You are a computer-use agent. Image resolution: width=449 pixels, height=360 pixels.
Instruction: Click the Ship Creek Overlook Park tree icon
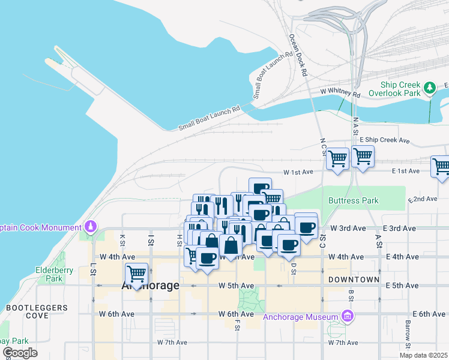(x=429, y=89)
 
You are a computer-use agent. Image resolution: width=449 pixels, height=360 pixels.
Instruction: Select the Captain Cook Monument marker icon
(x=91, y=227)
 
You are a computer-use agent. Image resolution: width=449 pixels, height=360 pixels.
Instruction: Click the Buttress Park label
(x=354, y=200)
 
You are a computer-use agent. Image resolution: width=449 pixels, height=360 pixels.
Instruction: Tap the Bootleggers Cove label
(x=27, y=311)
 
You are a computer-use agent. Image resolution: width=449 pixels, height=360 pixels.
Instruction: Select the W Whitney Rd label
(x=340, y=93)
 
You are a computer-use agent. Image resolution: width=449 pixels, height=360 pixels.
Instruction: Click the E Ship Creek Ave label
(x=384, y=140)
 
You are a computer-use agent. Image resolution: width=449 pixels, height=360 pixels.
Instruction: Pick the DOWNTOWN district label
(x=354, y=280)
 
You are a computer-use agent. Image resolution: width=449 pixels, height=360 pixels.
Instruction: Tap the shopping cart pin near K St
(x=136, y=274)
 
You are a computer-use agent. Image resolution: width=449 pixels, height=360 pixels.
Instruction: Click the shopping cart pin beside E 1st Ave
(x=441, y=166)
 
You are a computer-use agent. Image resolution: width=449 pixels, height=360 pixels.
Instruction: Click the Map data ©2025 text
(x=423, y=355)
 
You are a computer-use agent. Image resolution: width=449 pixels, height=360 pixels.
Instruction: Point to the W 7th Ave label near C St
(x=343, y=343)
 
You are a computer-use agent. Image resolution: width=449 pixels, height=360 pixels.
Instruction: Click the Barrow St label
(x=408, y=337)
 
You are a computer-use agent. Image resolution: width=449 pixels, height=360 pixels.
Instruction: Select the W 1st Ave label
(x=299, y=172)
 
